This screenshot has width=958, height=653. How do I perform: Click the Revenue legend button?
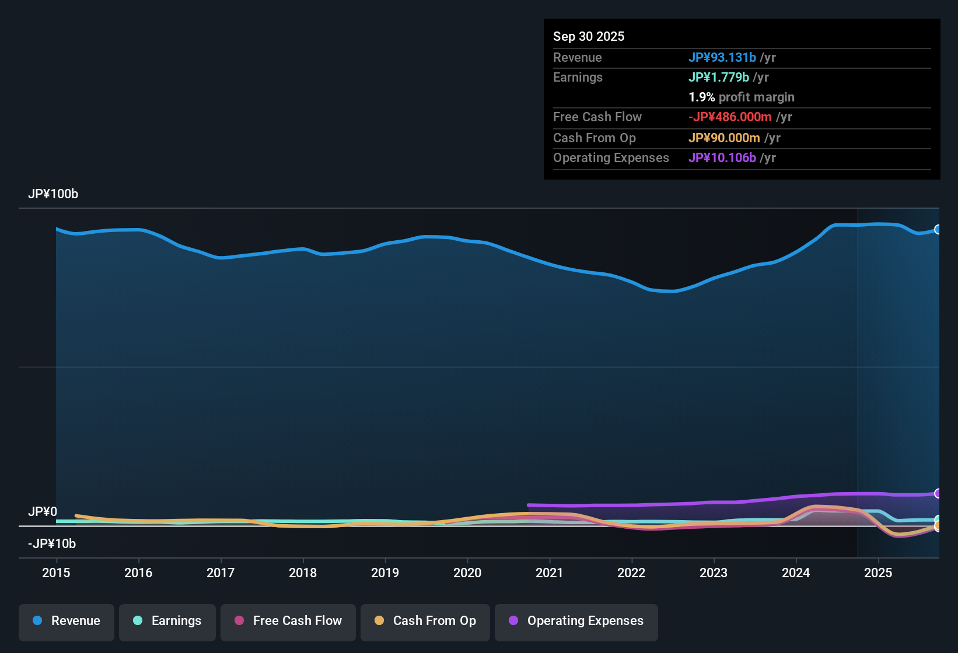point(67,621)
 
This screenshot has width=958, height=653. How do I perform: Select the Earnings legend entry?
point(167,621)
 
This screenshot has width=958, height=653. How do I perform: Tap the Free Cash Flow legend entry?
point(288,621)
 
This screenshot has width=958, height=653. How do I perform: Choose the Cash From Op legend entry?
point(425,621)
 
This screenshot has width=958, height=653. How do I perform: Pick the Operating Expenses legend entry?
point(576,621)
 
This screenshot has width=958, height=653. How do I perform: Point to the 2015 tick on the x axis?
point(56,573)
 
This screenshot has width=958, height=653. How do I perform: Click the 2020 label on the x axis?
point(467,573)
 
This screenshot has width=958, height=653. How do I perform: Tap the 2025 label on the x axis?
point(878,573)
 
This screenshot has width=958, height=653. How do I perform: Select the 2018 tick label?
point(303,573)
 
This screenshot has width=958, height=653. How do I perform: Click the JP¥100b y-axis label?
point(53,194)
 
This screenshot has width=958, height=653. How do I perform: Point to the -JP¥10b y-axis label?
point(52,544)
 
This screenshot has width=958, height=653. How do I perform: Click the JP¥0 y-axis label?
point(43,512)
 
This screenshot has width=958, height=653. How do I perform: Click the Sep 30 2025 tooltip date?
point(589,36)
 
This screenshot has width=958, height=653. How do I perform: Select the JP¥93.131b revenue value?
point(722,57)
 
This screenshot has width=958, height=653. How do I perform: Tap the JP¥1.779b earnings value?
point(719,77)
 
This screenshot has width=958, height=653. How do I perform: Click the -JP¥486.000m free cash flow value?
point(730,117)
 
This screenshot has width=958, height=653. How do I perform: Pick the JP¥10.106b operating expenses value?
point(722,157)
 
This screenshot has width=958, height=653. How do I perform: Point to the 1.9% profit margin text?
point(741,97)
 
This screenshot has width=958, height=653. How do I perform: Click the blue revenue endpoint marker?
point(938,229)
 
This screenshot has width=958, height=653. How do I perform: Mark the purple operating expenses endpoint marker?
point(938,493)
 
